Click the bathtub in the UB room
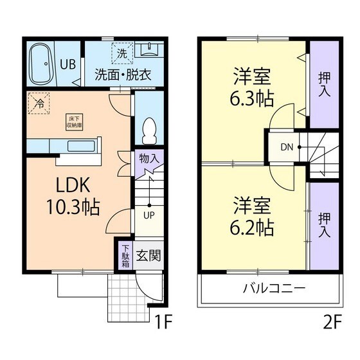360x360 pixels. click(x=42, y=64)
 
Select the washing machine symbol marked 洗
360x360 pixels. click(x=121, y=52)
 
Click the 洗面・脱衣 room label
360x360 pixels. click(x=123, y=75)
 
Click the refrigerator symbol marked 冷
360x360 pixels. click(x=39, y=102)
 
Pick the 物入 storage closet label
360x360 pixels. click(x=147, y=156)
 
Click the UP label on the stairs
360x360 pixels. click(x=148, y=215)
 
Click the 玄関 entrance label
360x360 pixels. click(x=149, y=255)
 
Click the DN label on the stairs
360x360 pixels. click(x=286, y=147)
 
